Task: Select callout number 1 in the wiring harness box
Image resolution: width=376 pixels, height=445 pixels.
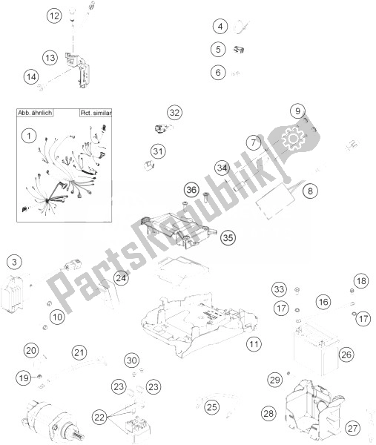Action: [28, 136]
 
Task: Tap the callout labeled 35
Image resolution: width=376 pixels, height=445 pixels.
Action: [228, 237]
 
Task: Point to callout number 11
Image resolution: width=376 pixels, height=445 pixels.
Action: [254, 344]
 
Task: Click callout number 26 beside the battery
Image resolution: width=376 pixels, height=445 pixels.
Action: [346, 355]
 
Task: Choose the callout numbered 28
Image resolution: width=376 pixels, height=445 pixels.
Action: [268, 412]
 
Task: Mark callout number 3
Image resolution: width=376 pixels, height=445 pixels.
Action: [16, 261]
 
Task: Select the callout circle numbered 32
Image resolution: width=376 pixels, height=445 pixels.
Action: [174, 113]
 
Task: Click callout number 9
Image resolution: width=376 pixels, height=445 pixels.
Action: [297, 112]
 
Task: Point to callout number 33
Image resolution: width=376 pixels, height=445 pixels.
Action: [278, 289]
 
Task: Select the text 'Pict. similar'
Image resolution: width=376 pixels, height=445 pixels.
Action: [94, 115]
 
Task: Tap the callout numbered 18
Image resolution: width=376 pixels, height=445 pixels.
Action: [360, 281]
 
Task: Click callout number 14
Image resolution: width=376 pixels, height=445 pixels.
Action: [30, 76]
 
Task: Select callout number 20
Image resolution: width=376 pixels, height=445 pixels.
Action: [30, 351]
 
